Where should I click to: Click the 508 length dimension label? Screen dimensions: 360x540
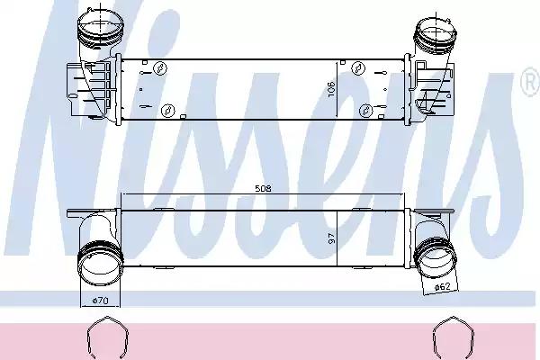263,190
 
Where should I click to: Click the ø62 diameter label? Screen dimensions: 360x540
442,285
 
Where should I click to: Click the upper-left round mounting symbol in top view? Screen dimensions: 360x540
158,68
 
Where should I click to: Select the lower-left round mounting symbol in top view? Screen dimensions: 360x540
166,110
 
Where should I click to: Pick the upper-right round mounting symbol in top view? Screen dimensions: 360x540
357,68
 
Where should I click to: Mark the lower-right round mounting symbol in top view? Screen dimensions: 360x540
365,110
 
